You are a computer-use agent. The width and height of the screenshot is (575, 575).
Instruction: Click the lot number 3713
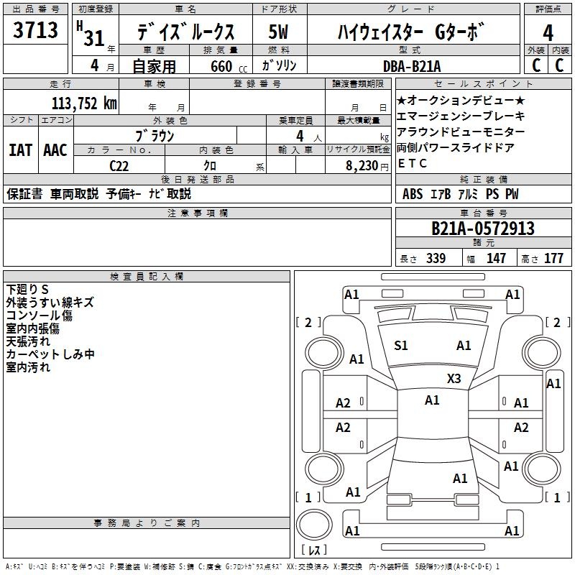pyautogui.click(x=35, y=29)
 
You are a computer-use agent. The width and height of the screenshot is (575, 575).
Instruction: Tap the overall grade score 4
pyautogui.click(x=548, y=32)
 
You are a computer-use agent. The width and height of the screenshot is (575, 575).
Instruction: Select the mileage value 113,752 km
pyautogui.click(x=84, y=103)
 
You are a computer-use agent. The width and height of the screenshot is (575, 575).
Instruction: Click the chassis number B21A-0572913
pyautogui.click(x=483, y=229)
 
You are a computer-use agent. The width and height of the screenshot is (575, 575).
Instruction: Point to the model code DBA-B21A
pyautogui.click(x=412, y=66)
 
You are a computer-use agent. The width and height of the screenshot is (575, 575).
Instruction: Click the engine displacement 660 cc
pyautogui.click(x=229, y=67)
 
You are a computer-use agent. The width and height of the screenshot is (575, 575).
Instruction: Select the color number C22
pyautogui.click(x=119, y=166)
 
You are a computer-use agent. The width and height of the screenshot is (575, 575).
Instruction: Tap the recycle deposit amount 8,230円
pyautogui.click(x=367, y=166)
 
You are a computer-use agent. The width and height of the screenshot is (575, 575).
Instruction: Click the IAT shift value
pyautogui.click(x=20, y=150)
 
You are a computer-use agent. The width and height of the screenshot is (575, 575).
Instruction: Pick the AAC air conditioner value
pyautogui.click(x=55, y=150)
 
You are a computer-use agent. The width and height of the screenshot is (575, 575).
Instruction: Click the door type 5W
pyautogui.click(x=278, y=32)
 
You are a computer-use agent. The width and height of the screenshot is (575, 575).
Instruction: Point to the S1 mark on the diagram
pyautogui.click(x=401, y=346)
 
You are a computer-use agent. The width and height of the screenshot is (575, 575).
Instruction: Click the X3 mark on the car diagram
pyautogui.click(x=454, y=378)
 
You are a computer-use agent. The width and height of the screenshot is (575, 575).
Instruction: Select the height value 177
pyautogui.click(x=553, y=258)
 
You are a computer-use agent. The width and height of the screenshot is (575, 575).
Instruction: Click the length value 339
pyautogui.click(x=436, y=258)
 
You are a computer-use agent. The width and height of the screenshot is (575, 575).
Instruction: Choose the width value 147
pyautogui.click(x=496, y=258)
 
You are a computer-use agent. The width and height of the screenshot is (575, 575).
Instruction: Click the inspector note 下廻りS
pyautogui.click(x=27, y=290)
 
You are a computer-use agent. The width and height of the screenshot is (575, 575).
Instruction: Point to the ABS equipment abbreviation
pyautogui.click(x=413, y=194)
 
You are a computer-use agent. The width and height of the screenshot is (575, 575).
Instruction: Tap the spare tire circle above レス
pyautogui.click(x=314, y=524)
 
